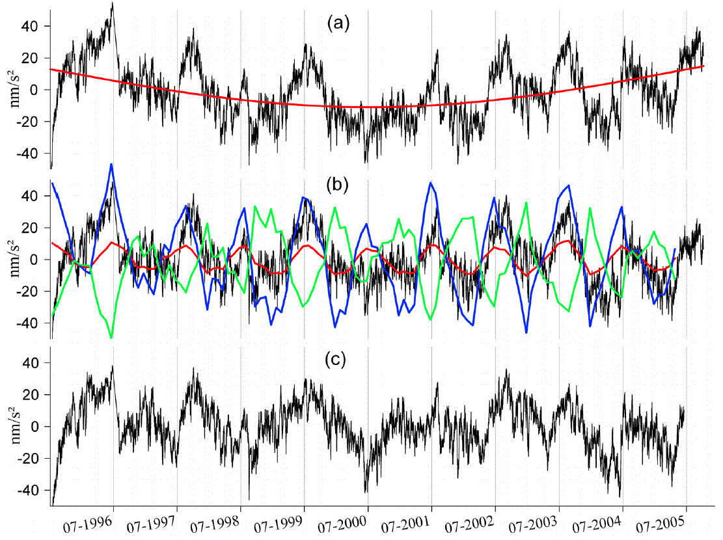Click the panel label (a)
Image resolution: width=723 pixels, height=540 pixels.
(338, 24)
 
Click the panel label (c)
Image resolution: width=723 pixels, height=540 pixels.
(338, 359)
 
